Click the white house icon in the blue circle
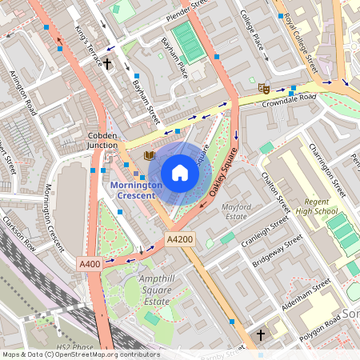pos(180,173)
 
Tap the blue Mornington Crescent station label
pos(135,190)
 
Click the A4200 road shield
pos(180,239)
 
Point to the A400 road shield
pos(90,263)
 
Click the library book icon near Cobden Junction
pos(149,155)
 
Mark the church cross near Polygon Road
pos(260,334)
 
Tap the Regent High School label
pos(314,206)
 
